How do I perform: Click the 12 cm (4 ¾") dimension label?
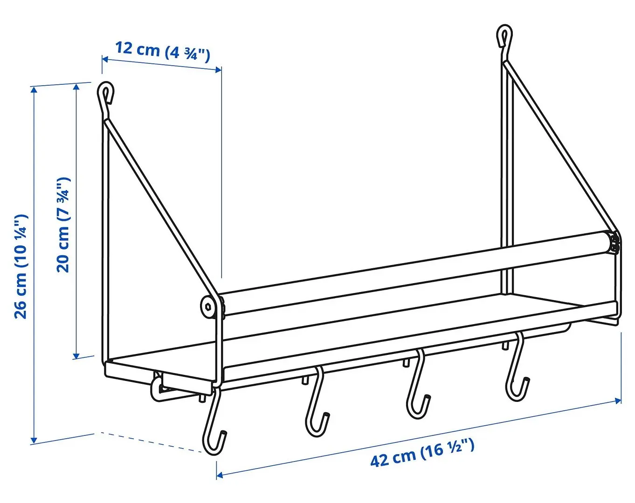pos(163,51)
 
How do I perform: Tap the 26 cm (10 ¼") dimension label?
pos(21,266)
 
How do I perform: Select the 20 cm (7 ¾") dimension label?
pos(63,224)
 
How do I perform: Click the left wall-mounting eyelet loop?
pos(106,93)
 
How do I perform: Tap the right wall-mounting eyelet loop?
pos(504,36)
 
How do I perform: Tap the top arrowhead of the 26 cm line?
pos(34,89)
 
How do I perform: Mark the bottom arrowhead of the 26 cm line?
pos(34,440)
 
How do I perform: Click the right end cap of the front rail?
pos(614,244)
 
